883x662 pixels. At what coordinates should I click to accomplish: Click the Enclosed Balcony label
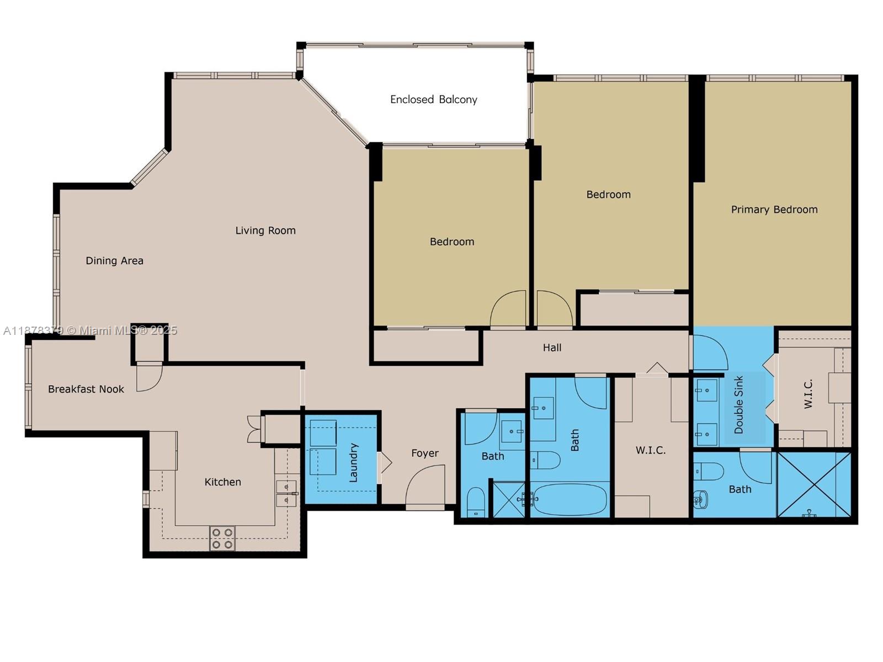(433, 99)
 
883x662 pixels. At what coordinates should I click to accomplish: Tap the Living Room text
(265, 231)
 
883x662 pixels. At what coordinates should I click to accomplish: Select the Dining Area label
(114, 260)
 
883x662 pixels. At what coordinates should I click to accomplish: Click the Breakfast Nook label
(86, 389)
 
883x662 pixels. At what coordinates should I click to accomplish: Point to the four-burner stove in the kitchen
(222, 538)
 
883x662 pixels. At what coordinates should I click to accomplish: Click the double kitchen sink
(286, 493)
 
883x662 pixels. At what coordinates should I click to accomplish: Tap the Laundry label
(354, 462)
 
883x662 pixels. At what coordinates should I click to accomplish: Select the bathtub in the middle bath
(571, 499)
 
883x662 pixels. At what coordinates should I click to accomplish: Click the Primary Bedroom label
(774, 210)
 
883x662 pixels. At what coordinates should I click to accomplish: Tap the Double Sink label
(739, 404)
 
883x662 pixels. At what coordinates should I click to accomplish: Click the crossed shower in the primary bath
(814, 484)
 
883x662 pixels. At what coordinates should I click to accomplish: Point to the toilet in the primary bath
(710, 472)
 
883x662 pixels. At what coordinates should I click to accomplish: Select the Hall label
(552, 348)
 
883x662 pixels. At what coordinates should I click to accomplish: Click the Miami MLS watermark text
(91, 330)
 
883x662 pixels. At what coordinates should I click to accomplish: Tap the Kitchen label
(222, 482)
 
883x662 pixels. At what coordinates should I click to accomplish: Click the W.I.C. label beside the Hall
(650, 450)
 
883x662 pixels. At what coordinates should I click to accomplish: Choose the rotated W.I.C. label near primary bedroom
(808, 393)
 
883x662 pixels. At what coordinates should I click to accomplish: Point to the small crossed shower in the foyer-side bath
(508, 499)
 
